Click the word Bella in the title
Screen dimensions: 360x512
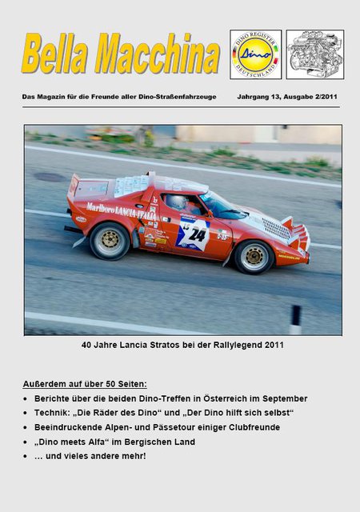(x=58, y=55)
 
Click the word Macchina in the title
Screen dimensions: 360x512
(x=157, y=55)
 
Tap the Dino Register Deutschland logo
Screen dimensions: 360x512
(x=255, y=54)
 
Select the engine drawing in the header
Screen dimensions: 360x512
(x=314, y=54)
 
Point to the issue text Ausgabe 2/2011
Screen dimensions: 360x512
(x=311, y=96)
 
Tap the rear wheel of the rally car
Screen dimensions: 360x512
(x=110, y=241)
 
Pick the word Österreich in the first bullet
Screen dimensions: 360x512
(x=226, y=398)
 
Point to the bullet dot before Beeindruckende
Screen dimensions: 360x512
(x=26, y=427)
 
